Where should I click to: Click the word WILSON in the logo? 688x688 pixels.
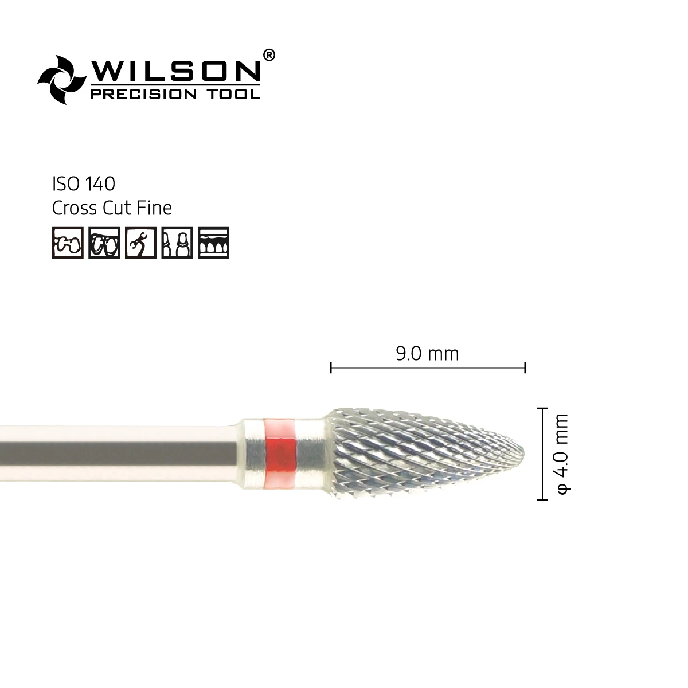[x=175, y=71]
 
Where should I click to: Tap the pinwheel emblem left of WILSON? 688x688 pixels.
[x=61, y=79]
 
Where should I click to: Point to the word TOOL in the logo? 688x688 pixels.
[x=237, y=94]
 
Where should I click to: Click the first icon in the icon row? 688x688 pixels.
[x=68, y=243]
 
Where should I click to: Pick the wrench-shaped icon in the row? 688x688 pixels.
[x=140, y=243]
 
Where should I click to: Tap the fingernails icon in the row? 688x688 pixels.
[x=177, y=243]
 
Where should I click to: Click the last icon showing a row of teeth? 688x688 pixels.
[x=213, y=243]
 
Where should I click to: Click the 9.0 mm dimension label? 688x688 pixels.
[x=428, y=354]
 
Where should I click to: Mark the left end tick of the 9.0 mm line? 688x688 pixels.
[x=331, y=368]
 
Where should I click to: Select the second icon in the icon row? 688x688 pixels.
[x=104, y=243]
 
